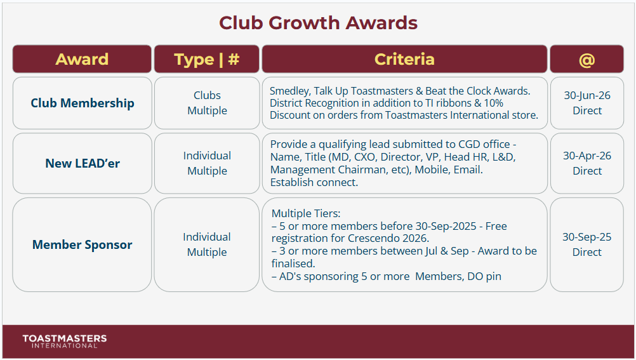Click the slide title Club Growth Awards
(x=318, y=23)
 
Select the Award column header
(x=82, y=59)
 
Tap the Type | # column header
(x=207, y=59)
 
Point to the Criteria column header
(x=404, y=59)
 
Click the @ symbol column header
(x=586, y=59)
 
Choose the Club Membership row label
(x=83, y=103)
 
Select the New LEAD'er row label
(x=83, y=163)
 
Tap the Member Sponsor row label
(x=83, y=244)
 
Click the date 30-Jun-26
(x=587, y=95)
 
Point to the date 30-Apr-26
(x=587, y=156)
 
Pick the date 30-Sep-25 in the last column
(x=587, y=237)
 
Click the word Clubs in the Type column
(x=207, y=95)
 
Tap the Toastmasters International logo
(x=65, y=342)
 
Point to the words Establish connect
(x=314, y=183)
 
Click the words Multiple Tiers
(x=306, y=213)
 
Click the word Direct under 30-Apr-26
(x=587, y=171)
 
